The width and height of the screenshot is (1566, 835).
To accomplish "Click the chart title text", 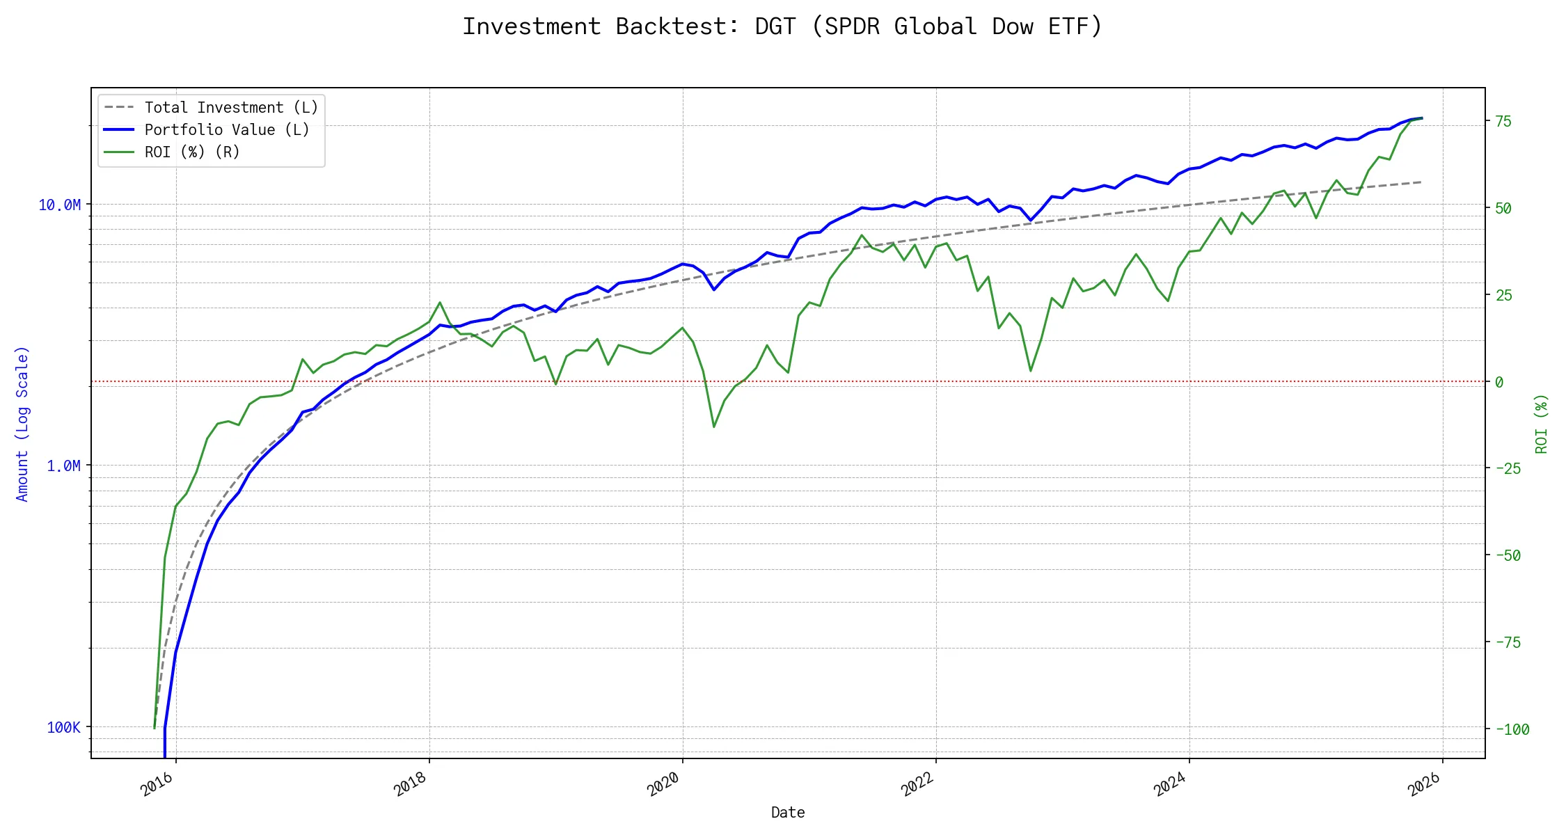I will click(782, 26).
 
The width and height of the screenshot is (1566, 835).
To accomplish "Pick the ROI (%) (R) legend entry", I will click(191, 152).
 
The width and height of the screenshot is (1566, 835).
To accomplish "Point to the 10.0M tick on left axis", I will click(60, 205).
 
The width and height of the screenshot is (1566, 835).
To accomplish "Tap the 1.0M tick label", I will click(63, 466).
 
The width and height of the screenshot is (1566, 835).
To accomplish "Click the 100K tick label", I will click(63, 727).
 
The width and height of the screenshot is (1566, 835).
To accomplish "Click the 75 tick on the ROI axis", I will click(1503, 121).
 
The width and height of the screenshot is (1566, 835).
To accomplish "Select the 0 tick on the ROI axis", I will click(1499, 382).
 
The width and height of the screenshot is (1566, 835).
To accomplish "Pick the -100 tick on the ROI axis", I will click(1512, 729).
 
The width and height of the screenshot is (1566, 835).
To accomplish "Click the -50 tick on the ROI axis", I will click(1508, 555).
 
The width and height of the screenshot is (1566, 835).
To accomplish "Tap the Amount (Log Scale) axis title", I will click(22, 424).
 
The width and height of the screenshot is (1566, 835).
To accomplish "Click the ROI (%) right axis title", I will click(1542, 424).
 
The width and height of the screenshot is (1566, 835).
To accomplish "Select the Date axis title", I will click(788, 813).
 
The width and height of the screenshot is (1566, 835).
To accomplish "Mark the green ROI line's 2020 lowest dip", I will click(714, 427).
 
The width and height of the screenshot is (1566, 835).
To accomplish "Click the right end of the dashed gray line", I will click(1421, 182).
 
